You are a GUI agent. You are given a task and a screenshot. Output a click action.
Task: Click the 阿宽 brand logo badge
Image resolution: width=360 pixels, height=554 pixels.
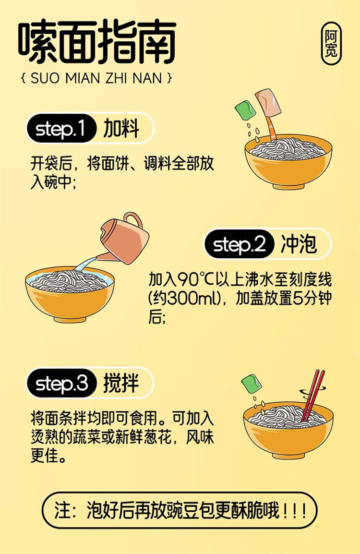click(x=331, y=44)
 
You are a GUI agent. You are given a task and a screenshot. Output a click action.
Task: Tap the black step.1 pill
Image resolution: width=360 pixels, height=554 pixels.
click(x=61, y=128)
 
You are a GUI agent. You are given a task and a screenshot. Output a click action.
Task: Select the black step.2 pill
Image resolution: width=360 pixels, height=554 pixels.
click(x=239, y=244)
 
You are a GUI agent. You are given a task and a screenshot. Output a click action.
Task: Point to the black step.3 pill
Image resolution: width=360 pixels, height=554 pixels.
click(x=61, y=383)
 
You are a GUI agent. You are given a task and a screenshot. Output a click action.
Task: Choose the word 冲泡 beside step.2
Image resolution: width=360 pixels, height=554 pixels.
click(x=299, y=244)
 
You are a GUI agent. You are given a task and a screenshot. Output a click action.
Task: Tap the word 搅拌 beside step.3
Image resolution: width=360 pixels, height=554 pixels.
click(x=121, y=383)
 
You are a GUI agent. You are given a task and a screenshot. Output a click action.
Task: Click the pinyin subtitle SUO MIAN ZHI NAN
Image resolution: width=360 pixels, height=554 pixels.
click(x=96, y=78)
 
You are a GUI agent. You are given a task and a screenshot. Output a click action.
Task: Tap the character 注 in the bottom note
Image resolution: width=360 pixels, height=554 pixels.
click(x=62, y=510)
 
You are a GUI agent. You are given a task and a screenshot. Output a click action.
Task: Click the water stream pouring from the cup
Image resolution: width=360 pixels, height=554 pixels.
click(x=87, y=262)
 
